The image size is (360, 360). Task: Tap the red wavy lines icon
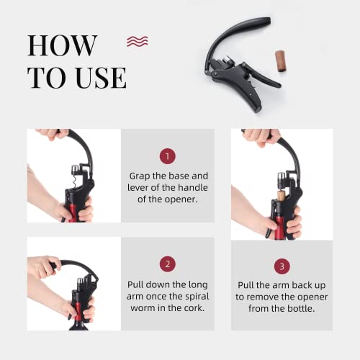pyautogui.click(x=137, y=41)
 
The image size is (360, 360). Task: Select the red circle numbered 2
pyautogui.click(x=166, y=265)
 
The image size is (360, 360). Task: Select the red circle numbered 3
pyautogui.click(x=282, y=265)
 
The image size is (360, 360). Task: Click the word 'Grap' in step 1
pyautogui.click(x=140, y=175)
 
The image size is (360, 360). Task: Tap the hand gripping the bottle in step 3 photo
pyautogui.click(x=288, y=225)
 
